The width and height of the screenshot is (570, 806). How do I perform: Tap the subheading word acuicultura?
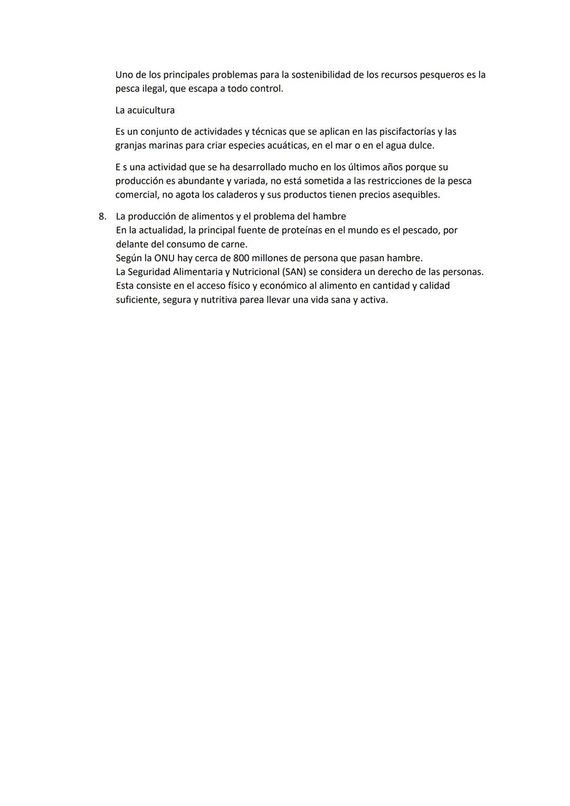(x=151, y=110)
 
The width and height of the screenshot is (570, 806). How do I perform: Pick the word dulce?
(x=421, y=145)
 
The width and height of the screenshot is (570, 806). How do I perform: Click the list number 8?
(x=102, y=216)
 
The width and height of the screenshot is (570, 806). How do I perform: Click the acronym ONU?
(x=165, y=258)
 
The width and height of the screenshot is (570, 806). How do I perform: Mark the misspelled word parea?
(x=252, y=300)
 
